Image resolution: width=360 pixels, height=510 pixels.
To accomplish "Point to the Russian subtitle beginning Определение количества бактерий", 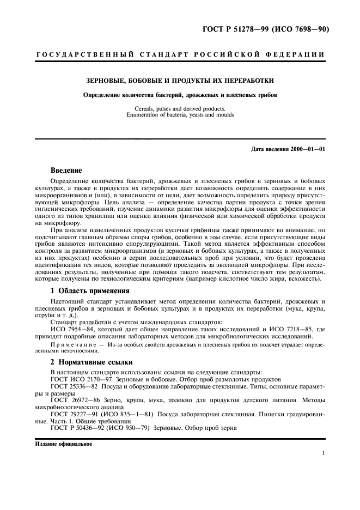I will pyautogui.click(x=180, y=94).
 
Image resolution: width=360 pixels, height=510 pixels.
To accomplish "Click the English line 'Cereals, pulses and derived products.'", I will pyautogui.click(x=180, y=109).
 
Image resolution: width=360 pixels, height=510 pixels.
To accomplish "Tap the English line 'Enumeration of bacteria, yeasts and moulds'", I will pyautogui.click(x=180, y=115).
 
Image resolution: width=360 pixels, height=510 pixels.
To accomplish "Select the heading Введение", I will pyautogui.click(x=66, y=170).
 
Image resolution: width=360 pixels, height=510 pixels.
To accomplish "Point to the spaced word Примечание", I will pyautogui.click(x=71, y=345).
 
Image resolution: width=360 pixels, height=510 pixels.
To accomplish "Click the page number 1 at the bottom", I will pyautogui.click(x=324, y=453).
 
